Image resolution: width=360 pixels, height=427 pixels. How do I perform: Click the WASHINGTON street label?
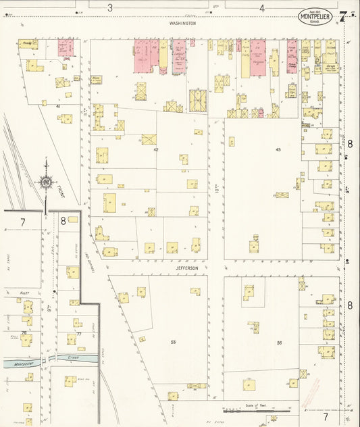click(182, 22)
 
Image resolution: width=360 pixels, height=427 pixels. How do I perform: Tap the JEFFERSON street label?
click(187, 268)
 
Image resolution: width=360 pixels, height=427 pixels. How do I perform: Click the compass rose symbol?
click(46, 181)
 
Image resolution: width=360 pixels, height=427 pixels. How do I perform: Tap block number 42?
click(155, 149)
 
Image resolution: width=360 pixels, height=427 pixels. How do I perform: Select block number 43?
click(278, 149)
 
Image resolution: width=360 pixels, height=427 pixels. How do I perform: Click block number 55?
click(173, 342)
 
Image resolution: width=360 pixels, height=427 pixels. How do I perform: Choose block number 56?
click(279, 342)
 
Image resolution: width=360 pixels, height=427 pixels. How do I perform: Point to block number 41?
click(59, 106)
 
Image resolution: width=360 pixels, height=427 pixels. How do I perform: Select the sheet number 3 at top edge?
click(110, 8)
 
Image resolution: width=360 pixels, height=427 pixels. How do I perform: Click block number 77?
click(78, 334)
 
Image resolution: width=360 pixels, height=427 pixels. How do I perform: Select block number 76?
click(24, 333)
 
